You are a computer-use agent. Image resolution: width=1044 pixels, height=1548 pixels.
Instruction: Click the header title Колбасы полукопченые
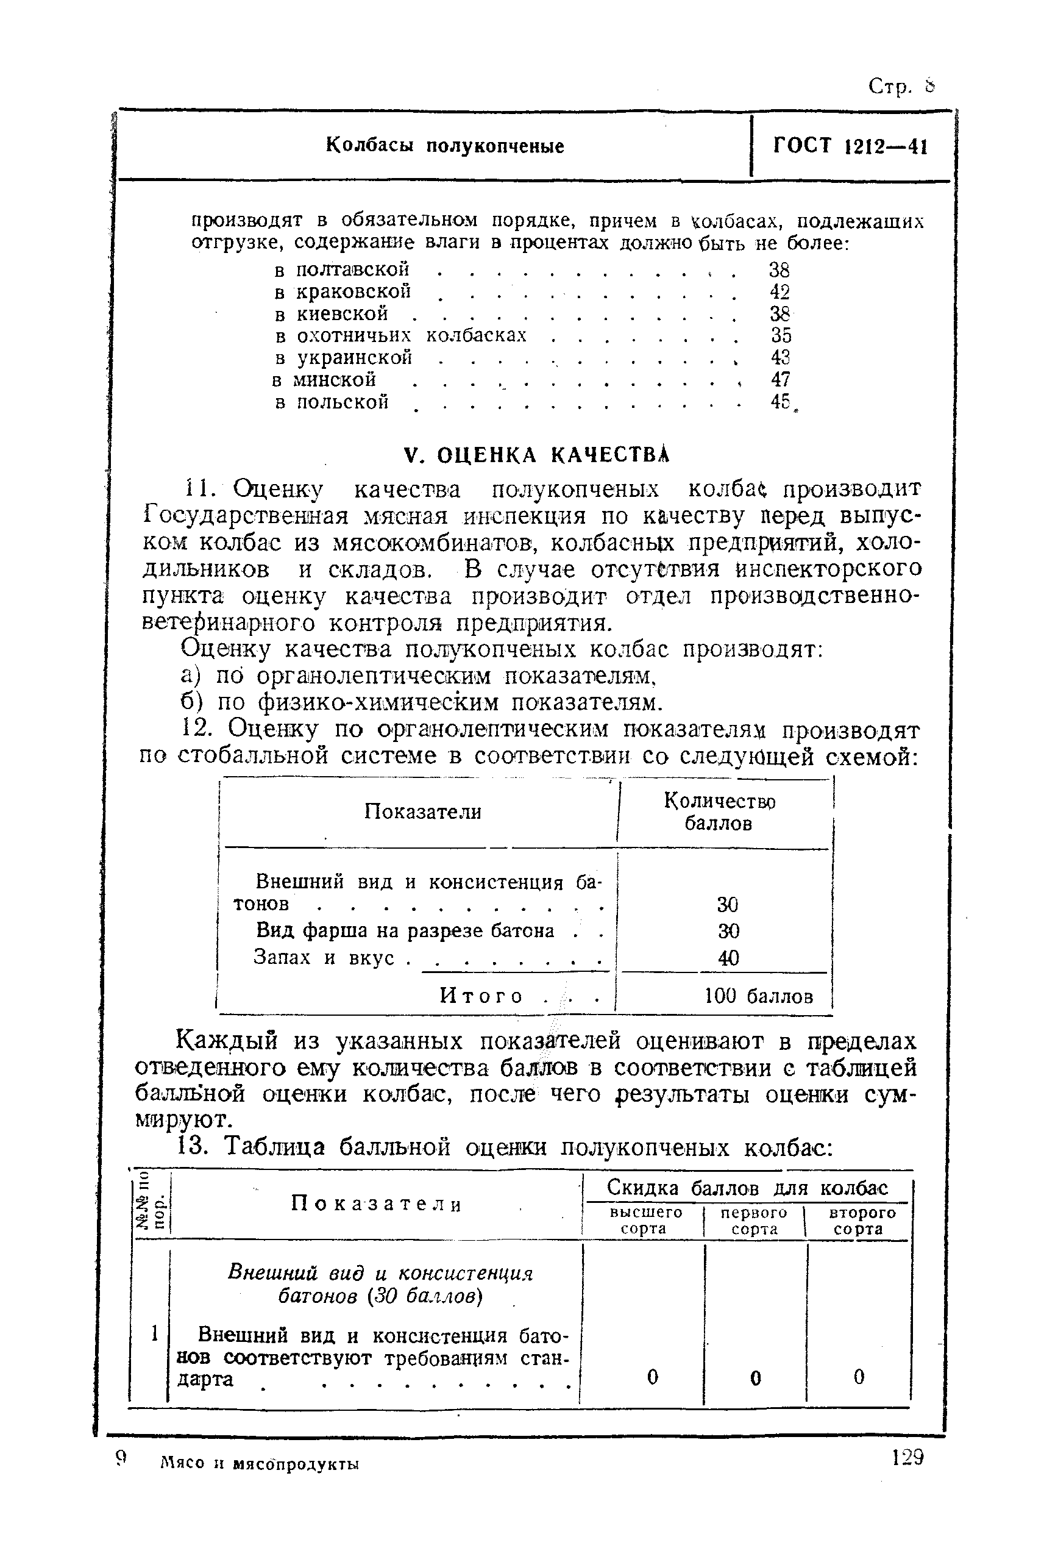[445, 146]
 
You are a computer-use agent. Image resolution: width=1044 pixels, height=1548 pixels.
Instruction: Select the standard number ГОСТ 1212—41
[850, 146]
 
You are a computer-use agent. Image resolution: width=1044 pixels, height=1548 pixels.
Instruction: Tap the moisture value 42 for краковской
[779, 292]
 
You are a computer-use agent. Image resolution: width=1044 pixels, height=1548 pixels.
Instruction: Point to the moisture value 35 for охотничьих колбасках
[780, 335]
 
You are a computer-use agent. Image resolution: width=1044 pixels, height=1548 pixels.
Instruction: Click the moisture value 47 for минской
[779, 380]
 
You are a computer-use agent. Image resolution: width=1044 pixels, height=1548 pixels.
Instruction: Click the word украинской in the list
[354, 358]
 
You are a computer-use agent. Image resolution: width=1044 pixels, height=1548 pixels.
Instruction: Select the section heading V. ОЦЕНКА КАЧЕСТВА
[537, 455]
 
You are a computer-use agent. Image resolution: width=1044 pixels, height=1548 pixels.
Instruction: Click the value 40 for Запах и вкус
[728, 958]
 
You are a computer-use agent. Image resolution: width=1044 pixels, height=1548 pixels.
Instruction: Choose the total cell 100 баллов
[758, 996]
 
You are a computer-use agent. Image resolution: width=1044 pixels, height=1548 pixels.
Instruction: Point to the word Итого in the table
[481, 996]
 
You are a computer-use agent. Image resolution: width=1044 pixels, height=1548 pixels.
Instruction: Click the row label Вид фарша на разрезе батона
[405, 930]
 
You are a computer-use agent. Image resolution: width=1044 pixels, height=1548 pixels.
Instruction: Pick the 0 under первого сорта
[755, 1377]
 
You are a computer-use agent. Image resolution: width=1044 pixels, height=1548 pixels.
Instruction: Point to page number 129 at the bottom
[907, 1459]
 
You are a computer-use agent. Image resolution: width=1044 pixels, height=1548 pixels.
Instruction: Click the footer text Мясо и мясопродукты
[260, 1464]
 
